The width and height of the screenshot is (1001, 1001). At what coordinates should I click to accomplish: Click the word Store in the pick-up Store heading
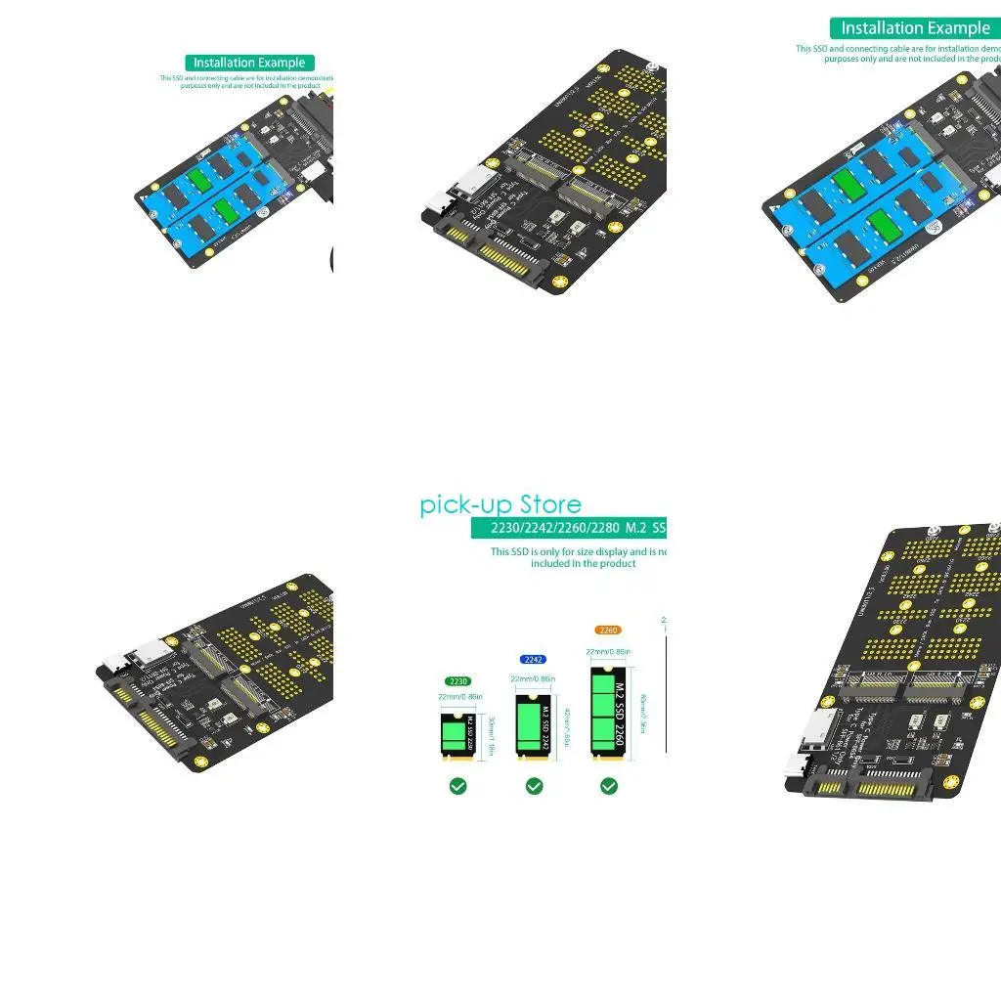pos(550,504)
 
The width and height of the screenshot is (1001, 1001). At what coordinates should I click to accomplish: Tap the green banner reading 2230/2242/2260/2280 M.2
pos(568,529)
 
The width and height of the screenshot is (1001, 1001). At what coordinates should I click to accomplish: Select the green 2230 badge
pos(457,681)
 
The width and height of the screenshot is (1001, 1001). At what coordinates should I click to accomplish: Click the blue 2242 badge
pos(534,660)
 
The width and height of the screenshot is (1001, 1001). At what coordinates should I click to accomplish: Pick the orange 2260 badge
pos(608,631)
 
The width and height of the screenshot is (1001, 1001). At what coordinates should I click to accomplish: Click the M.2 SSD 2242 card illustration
pos(533,724)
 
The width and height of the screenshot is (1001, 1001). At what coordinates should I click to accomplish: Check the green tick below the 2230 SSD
pos(457,786)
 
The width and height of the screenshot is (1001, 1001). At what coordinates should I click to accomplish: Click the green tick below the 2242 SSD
pos(534,786)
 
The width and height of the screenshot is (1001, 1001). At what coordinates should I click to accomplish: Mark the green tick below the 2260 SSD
pos(609,786)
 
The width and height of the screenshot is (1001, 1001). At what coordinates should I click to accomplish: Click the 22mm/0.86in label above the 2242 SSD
pos(533,679)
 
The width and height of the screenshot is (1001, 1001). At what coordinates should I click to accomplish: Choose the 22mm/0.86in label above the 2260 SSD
pos(608,651)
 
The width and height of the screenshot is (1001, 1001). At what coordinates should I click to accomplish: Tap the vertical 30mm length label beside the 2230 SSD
pos(492,736)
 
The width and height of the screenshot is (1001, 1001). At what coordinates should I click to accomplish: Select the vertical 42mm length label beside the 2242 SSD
pos(568,724)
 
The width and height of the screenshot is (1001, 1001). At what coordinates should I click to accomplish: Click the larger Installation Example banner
pos(915,28)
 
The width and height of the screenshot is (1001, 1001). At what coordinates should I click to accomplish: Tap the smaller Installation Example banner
pos(249,63)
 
